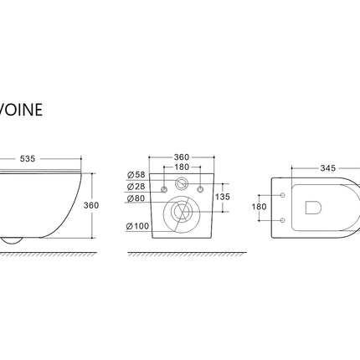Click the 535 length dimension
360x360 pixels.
pos(28,158)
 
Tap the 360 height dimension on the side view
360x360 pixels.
pos(91,205)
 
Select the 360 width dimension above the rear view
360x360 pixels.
pos(182,157)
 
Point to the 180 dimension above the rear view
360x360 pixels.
pos(182,167)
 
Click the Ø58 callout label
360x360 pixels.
pos(136,175)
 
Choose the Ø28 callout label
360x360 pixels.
pos(136,187)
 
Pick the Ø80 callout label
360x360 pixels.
pos(136,198)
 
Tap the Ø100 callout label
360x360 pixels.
pos(137,226)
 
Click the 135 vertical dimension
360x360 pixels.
pos(223,197)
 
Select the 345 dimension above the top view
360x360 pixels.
pos(328,168)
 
